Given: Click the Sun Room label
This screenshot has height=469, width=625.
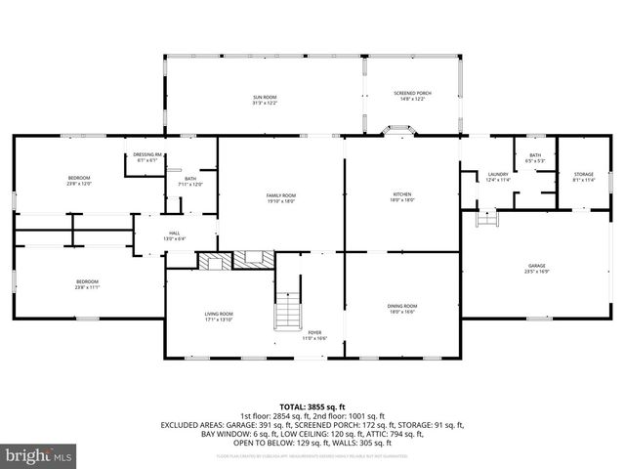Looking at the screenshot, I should pyautogui.click(x=265, y=100).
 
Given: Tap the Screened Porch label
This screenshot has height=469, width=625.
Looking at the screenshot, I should pyautogui.click(x=412, y=96).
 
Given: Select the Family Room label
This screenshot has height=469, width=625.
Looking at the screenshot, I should pyautogui.click(x=281, y=197).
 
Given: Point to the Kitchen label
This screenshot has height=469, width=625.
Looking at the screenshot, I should pyautogui.click(x=403, y=197).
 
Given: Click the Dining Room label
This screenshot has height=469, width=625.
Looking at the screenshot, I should pyautogui.click(x=402, y=309).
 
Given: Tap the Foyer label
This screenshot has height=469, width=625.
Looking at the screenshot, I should pyautogui.click(x=314, y=335).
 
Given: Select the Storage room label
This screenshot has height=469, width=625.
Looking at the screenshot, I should pyautogui.click(x=583, y=177).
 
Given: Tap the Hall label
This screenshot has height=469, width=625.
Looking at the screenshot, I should pyautogui.click(x=174, y=234).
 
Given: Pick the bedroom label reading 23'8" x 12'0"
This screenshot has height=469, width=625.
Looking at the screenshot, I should pyautogui.click(x=78, y=181).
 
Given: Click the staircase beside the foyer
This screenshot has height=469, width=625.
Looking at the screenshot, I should pyautogui.click(x=287, y=310).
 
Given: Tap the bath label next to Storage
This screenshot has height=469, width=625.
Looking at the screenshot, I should pyautogui.click(x=535, y=158).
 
